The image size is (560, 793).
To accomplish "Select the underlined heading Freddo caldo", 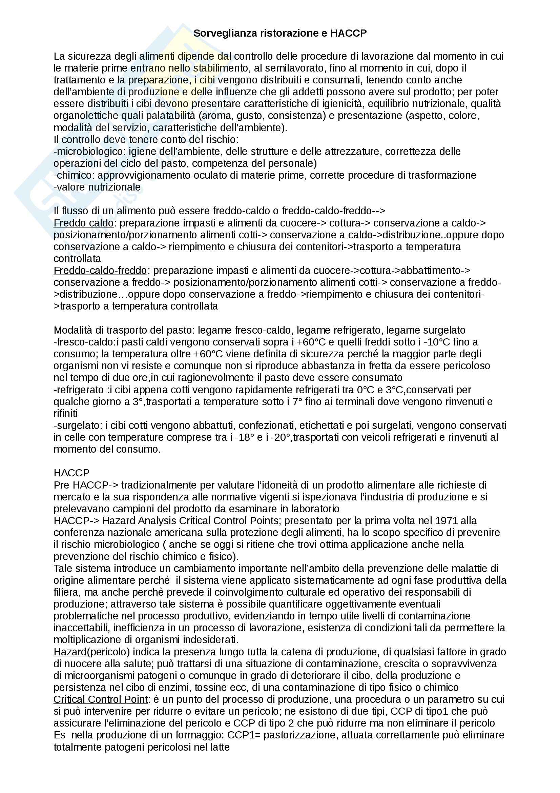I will click(83, 223).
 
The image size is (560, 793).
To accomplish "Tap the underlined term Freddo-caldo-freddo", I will click(100, 271).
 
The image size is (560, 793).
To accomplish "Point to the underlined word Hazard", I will click(70, 652).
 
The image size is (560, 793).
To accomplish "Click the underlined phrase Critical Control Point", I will click(100, 699).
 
